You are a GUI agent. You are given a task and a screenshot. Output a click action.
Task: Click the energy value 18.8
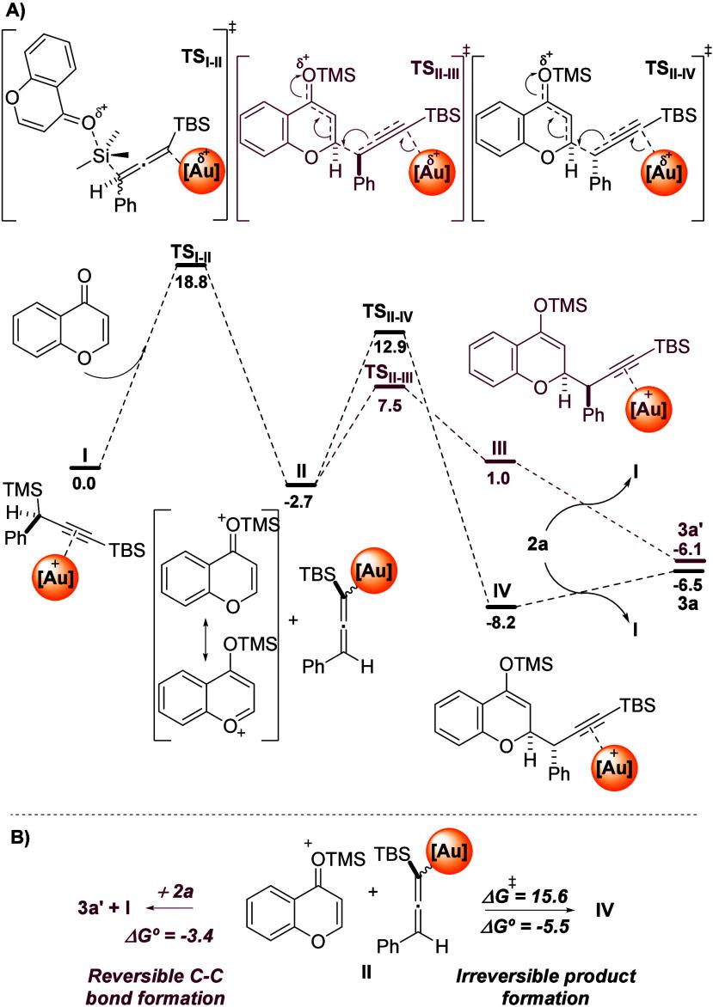click(187, 278)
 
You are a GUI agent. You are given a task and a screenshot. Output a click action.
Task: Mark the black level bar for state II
click(301, 479)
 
